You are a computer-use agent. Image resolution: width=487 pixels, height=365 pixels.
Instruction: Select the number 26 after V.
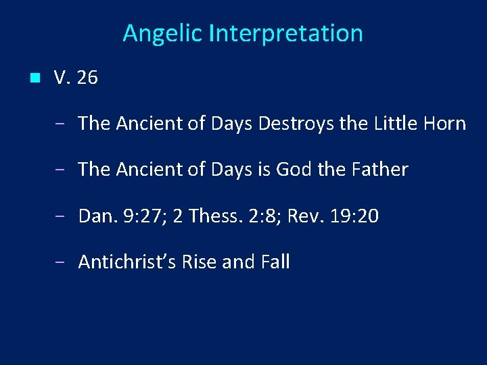click(87, 78)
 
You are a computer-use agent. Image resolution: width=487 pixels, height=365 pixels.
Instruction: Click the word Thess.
click(215, 216)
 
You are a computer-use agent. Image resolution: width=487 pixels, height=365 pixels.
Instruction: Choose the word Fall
click(275, 262)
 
